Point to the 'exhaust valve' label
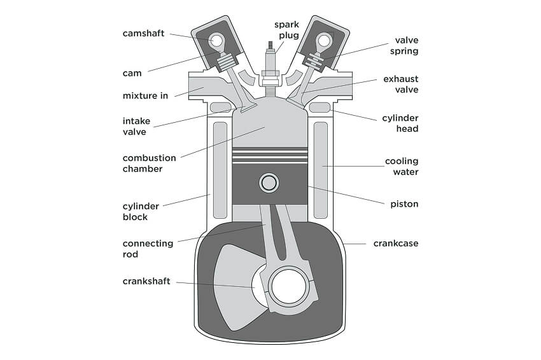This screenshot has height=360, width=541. (x=400, y=85)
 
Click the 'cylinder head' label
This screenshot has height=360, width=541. (x=400, y=123)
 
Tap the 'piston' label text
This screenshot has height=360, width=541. (x=404, y=204)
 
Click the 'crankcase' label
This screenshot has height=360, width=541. (x=396, y=243)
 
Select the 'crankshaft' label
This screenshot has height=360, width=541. (x=146, y=281)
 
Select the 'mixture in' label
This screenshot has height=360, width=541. (x=145, y=96)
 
